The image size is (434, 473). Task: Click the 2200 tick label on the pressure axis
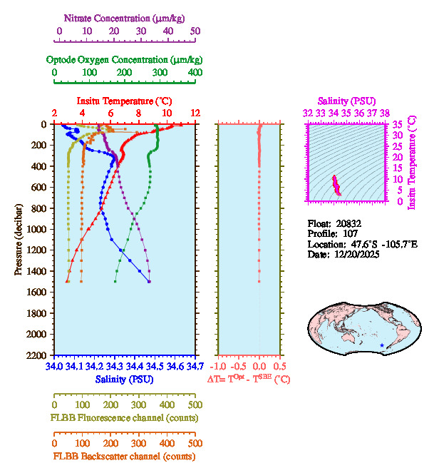(38, 355)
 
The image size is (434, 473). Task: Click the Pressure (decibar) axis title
(17, 240)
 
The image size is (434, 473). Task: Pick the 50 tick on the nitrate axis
(195, 32)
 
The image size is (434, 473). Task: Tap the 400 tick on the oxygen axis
(195, 73)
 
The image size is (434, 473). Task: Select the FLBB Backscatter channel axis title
(124, 457)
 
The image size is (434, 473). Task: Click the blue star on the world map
(383, 345)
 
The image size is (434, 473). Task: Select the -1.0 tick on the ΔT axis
(221, 367)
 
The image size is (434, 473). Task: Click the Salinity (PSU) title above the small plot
(346, 101)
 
